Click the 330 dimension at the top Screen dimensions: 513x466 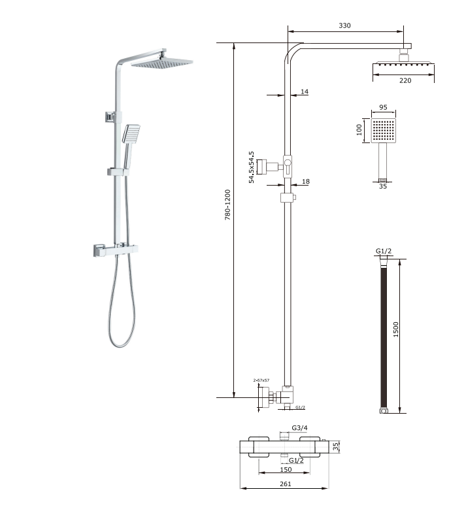point(344,25)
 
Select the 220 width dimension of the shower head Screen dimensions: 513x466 point(405,80)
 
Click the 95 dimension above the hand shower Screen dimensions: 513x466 point(383,107)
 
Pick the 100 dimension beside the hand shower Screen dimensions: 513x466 point(359,130)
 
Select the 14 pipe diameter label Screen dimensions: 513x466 point(304,92)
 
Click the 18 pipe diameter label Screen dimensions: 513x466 point(304,182)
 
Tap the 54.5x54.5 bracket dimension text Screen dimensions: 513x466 point(252,167)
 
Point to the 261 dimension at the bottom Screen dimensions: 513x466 point(286,484)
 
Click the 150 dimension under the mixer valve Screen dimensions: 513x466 point(286,469)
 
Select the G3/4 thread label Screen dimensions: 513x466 point(299,427)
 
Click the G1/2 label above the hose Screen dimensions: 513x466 point(384,251)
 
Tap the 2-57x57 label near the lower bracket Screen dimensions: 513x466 point(261,380)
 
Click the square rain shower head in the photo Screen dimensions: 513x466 point(161,63)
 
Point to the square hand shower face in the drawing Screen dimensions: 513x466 point(384,131)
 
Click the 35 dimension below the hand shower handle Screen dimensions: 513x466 point(384,186)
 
